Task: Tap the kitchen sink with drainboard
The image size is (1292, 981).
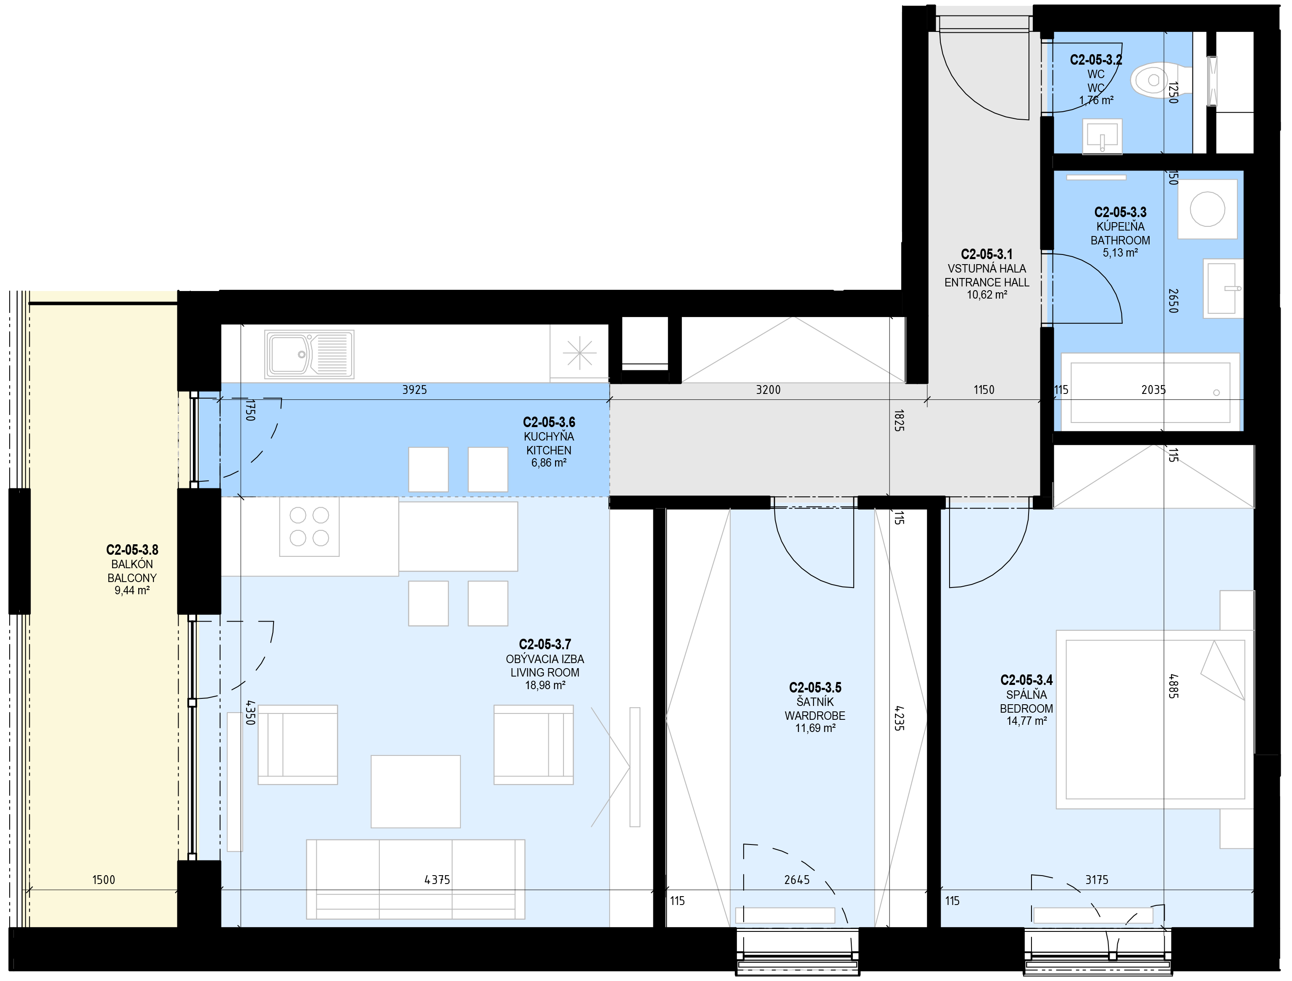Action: (309, 354)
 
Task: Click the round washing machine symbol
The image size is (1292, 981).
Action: (1207, 208)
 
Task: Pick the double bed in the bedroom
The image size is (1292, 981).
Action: (1155, 719)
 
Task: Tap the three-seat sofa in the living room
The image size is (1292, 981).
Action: (415, 879)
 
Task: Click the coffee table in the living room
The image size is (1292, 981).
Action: (415, 791)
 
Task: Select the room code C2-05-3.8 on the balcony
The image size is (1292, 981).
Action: (132, 549)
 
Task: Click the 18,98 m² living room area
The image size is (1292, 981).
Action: (545, 685)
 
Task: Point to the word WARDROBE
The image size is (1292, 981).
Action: (815, 715)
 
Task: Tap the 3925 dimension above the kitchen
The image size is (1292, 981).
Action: (414, 389)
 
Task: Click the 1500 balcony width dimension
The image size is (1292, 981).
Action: (103, 879)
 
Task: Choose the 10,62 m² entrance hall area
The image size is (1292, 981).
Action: (987, 295)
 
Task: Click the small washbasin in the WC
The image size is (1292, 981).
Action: (1102, 136)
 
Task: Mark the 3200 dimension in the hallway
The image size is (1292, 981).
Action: (768, 389)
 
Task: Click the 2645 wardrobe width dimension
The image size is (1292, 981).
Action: (797, 879)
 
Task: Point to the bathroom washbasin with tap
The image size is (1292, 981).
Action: (1223, 289)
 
